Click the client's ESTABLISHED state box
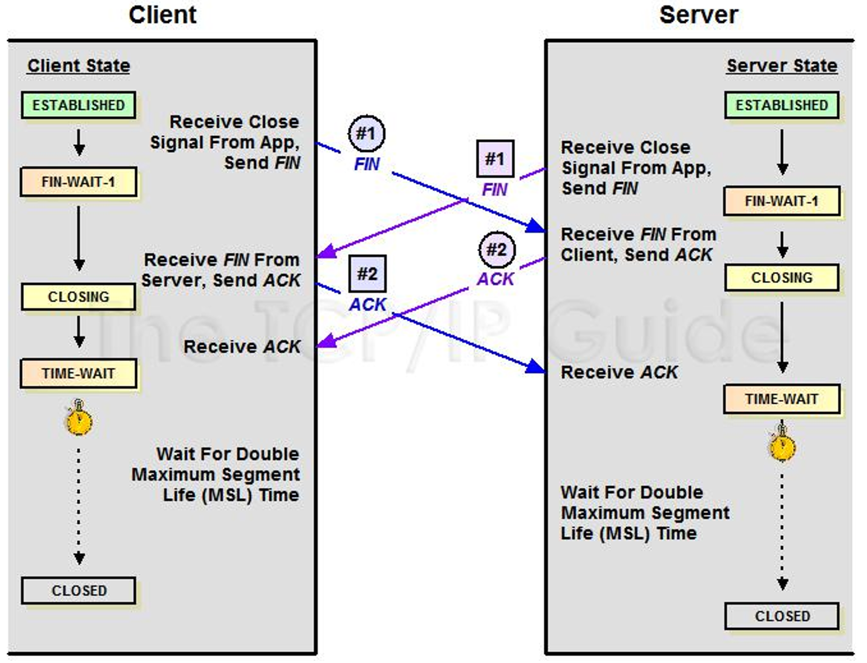[x=79, y=105]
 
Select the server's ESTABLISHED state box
[x=782, y=105]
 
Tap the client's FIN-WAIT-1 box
[x=79, y=182]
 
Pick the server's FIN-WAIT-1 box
[x=782, y=201]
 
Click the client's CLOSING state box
[x=79, y=296]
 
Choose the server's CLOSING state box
[x=782, y=278]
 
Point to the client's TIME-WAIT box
[x=79, y=373]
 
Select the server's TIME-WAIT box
[x=782, y=399]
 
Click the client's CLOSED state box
[x=79, y=591]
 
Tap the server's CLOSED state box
[x=782, y=616]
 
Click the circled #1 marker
[x=367, y=134]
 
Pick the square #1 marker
[x=495, y=159]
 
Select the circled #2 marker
[x=497, y=250]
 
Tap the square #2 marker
[x=367, y=274]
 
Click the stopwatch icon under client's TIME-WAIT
[x=78, y=418]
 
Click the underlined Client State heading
[x=79, y=66]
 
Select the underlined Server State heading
[x=782, y=66]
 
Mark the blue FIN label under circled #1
[x=367, y=164]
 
